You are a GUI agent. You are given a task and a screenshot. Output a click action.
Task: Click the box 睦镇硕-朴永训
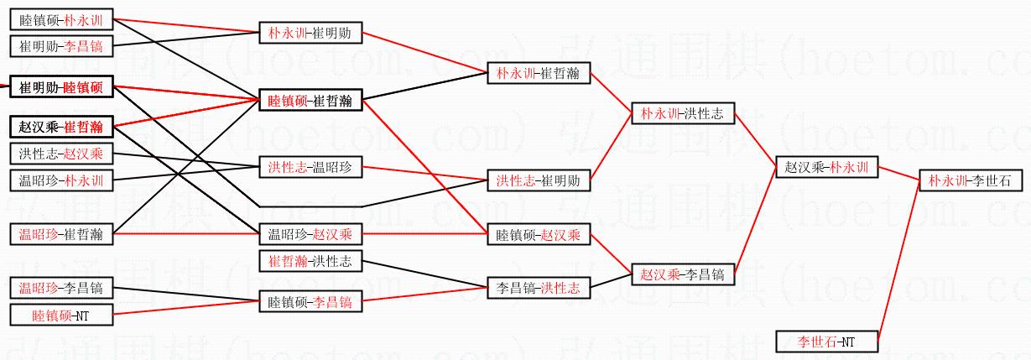pos(60,19)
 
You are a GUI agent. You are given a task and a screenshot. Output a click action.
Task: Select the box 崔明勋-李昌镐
pos(60,46)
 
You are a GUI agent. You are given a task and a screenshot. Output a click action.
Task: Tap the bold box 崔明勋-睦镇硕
pos(60,87)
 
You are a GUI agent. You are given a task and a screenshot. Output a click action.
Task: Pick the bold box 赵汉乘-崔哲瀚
pos(60,127)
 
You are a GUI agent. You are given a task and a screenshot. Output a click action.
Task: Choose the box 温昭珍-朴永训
pos(60,180)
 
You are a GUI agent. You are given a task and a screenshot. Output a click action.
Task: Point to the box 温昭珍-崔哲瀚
pos(60,234)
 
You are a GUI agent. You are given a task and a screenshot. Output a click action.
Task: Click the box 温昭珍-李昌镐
pos(60,289)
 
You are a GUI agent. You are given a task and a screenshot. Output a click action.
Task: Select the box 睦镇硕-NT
pos(60,316)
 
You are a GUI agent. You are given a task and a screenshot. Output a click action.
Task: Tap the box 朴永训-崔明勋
pos(310,34)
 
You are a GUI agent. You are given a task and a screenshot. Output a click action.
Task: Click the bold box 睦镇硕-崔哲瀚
pos(310,101)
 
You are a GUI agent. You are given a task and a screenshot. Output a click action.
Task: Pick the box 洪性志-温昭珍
pos(310,167)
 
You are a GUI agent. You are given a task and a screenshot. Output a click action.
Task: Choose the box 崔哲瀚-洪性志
pos(310,261)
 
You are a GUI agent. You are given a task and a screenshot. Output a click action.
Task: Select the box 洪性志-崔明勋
pos(538,180)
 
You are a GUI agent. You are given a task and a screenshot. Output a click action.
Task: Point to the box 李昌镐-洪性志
pos(538,288)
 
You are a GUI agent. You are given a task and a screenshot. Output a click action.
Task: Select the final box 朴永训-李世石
pos(970,180)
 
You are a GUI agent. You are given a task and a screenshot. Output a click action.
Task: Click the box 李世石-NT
pos(825,342)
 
